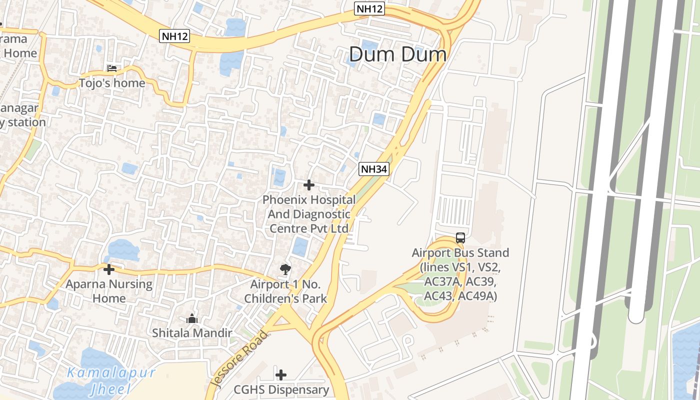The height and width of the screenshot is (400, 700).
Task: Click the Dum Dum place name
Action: pyautogui.click(x=397, y=54)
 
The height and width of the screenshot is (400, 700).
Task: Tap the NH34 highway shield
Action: pyautogui.click(x=374, y=169)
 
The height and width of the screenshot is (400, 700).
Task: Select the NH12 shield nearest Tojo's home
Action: pyautogui.click(x=175, y=36)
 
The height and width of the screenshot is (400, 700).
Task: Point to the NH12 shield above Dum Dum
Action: pyautogui.click(x=369, y=8)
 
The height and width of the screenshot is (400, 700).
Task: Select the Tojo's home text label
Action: pyautogui.click(x=112, y=83)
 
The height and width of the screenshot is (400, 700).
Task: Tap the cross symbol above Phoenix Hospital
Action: pyautogui.click(x=309, y=185)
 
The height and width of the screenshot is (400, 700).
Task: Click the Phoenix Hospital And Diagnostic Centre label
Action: pyautogui.click(x=309, y=214)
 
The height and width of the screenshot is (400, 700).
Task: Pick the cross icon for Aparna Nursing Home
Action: pyautogui.click(x=108, y=269)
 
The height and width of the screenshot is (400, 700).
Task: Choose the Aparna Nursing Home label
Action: pyautogui.click(x=109, y=291)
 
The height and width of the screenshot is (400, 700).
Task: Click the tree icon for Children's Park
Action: pyautogui.click(x=285, y=270)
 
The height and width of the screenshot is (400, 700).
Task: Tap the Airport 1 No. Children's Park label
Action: pyautogui.click(x=288, y=291)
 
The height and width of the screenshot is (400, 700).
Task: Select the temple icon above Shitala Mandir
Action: pyautogui.click(x=192, y=318)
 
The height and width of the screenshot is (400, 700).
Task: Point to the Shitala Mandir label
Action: pyautogui.click(x=192, y=333)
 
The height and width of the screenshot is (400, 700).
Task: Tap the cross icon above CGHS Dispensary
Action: pyautogui.click(x=281, y=374)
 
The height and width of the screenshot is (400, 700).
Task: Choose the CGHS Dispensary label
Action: pyautogui.click(x=281, y=389)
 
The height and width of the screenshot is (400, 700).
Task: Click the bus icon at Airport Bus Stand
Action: pyautogui.click(x=460, y=238)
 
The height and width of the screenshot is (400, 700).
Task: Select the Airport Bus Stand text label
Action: pyautogui.click(x=460, y=274)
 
